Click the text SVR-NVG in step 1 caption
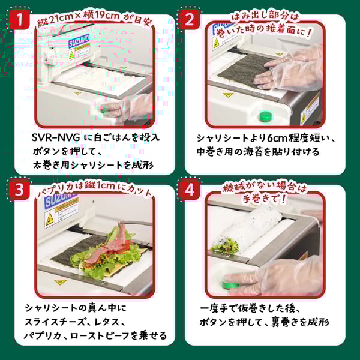55,137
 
